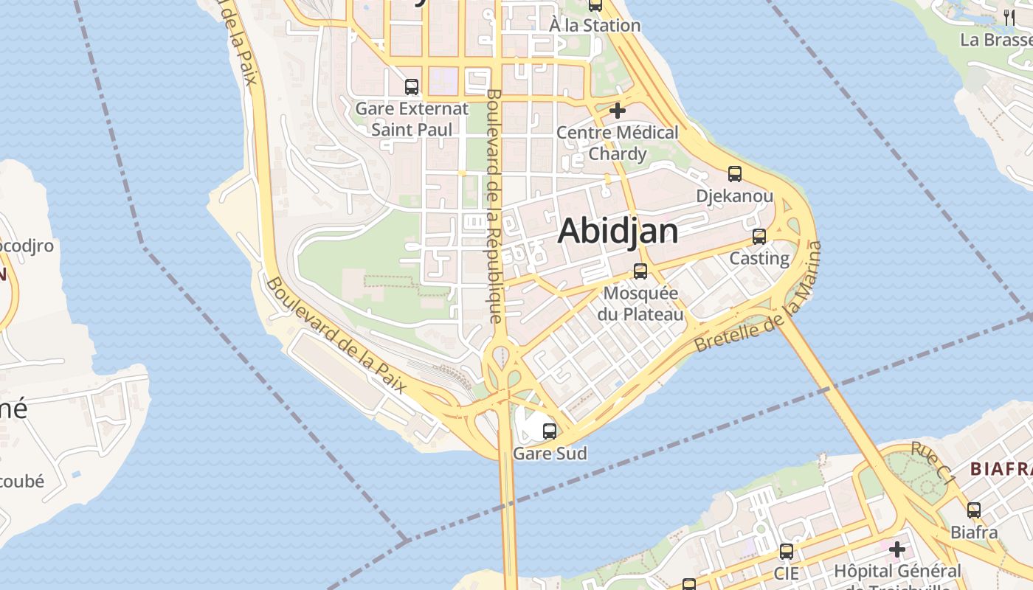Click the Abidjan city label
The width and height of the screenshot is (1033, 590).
coord(618,231)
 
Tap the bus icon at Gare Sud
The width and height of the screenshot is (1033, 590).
coord(550,431)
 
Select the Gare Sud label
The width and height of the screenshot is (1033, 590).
coord(550,454)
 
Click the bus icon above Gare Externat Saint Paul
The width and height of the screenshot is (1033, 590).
coord(412,87)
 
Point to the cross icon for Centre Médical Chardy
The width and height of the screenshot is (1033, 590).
coord(618,111)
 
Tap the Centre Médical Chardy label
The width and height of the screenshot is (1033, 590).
coord(618,143)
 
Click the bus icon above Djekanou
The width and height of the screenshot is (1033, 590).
coord(735,174)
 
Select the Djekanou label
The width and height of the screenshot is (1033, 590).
coord(735,196)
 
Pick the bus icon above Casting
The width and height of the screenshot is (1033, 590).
coord(759,237)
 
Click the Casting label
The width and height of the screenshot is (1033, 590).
coord(759,259)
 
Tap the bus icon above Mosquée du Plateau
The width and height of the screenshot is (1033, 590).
coord(640,271)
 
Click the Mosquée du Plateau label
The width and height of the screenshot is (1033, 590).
coord(640,303)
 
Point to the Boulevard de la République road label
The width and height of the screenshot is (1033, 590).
coord(494,206)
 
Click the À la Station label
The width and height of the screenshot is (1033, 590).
coord(595,25)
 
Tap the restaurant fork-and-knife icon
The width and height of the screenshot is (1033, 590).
coord(1009,18)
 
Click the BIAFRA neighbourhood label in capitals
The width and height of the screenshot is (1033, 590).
coord(1001,469)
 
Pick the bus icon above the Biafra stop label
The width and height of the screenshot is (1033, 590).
coord(974,510)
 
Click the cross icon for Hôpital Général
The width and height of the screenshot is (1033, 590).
coord(897,549)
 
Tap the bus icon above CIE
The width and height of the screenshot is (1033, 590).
coord(787,552)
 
